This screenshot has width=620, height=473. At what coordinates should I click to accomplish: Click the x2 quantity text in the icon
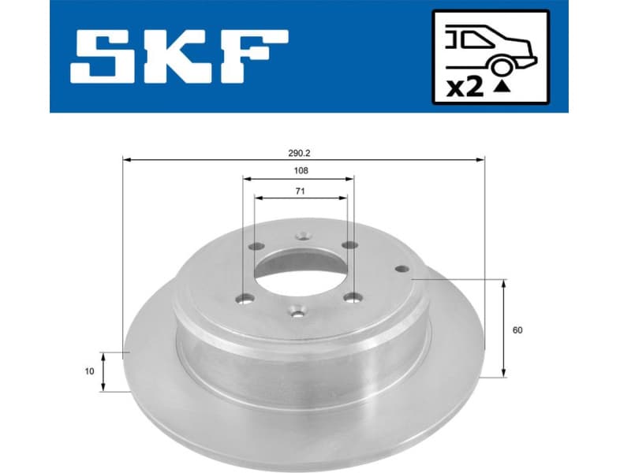466,88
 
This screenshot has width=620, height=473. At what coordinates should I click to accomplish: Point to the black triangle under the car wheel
499,88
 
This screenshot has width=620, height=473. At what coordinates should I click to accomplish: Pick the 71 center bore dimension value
298,190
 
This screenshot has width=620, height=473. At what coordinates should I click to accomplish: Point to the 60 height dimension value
517,330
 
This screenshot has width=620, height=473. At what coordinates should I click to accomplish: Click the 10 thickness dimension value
89,371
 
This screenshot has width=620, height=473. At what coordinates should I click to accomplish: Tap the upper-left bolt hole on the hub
254,247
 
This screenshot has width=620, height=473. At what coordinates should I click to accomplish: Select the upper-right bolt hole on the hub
349,245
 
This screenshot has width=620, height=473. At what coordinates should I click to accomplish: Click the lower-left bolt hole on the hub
245,298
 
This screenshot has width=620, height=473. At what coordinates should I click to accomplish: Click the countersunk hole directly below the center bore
297,312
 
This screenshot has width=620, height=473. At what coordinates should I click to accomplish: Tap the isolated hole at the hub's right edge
402,269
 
